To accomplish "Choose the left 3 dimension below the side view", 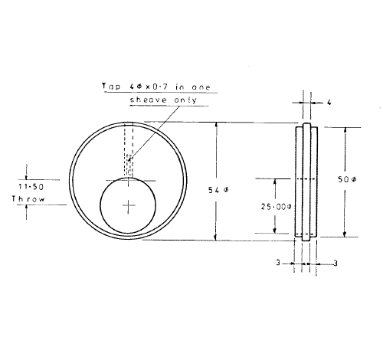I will pos(280,262).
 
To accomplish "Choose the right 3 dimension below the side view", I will pos(336,262).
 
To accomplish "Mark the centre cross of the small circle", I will pos(128,205).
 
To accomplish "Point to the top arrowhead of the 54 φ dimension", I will pos(216,126).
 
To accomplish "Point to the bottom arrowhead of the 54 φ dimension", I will pos(216,236).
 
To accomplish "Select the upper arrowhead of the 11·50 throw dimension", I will pos(28,169).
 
